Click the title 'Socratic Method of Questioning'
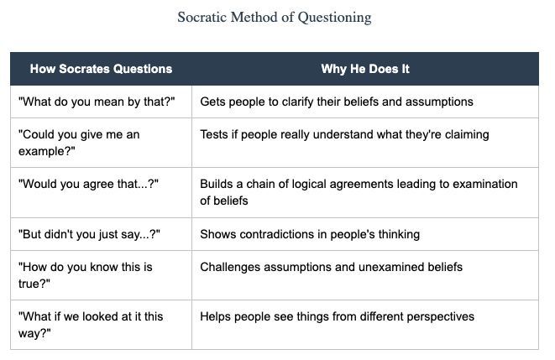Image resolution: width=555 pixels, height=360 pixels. (275, 17)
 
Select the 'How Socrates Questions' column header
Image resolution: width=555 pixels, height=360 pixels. (101, 69)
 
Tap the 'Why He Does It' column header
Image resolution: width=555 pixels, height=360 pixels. (365, 69)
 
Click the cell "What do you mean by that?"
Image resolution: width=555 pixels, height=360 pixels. (96, 102)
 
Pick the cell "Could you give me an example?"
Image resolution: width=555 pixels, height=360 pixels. (79, 143)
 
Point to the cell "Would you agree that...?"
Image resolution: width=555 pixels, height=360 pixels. (88, 184)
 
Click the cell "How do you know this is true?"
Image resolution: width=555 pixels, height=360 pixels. (85, 275)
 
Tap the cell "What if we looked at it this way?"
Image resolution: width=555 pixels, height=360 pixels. (91, 325)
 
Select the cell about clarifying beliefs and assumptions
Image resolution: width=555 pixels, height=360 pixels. (336, 102)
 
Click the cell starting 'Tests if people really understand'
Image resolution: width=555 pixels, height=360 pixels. (344, 134)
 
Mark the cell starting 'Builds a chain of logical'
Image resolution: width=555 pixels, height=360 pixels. (359, 192)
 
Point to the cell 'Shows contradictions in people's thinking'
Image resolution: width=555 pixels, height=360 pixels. (309, 234)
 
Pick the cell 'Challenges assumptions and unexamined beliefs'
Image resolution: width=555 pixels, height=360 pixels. (331, 267)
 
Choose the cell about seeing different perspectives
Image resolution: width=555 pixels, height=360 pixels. (337, 316)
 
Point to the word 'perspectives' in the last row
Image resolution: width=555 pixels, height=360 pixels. (440, 316)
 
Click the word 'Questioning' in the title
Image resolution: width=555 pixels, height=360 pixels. (334, 17)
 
